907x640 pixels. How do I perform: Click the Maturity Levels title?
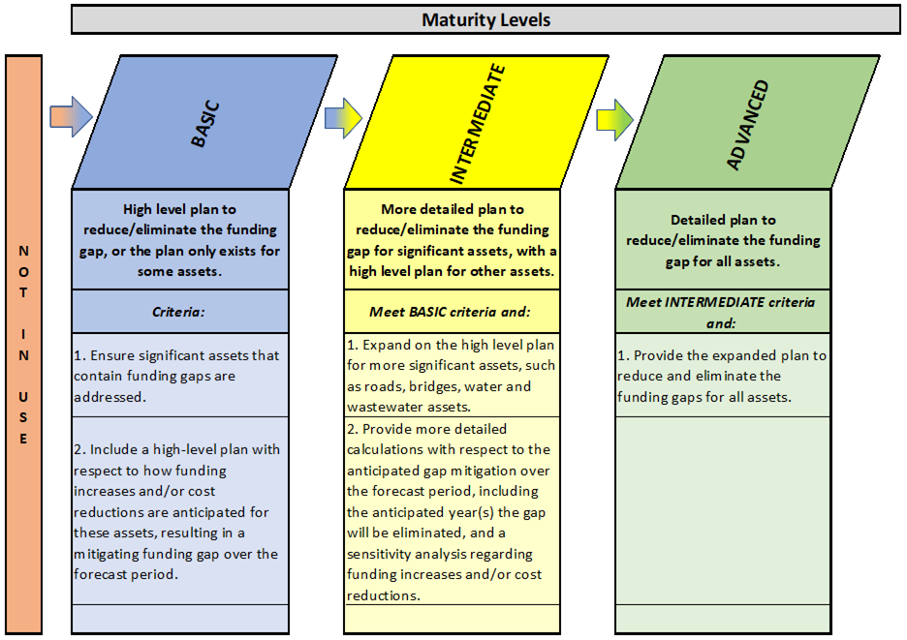(485, 20)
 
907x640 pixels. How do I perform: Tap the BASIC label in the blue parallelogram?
(206, 124)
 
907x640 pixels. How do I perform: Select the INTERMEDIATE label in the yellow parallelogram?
(478, 124)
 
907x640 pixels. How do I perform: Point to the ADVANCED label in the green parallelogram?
(747, 125)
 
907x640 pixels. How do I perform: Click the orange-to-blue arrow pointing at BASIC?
(71, 117)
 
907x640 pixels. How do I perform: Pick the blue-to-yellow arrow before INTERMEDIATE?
(343, 118)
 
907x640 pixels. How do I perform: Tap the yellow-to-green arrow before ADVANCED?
(615, 120)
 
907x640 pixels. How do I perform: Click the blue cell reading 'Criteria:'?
(180, 312)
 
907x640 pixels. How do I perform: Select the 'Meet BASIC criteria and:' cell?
(452, 312)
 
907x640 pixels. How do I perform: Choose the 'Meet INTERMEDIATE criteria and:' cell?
(723, 312)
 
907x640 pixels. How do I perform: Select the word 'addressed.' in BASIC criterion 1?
(109, 397)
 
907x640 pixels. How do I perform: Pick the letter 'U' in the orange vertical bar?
(23, 397)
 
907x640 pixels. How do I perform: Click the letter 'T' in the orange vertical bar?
(23, 292)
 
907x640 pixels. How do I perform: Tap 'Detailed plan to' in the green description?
(723, 220)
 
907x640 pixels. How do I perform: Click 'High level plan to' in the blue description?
(179, 209)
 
